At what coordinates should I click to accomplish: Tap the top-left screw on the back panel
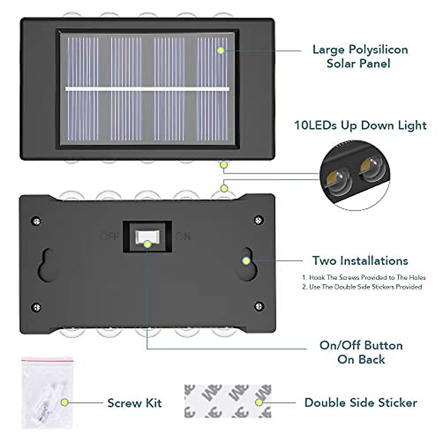tap(36, 221)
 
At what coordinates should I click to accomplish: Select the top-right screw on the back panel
tap(259, 220)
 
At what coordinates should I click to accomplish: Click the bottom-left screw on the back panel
tap(36, 307)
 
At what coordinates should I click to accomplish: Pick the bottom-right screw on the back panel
tap(259, 306)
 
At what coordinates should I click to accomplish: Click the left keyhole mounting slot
tap(47, 265)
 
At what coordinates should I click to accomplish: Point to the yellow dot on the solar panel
tap(221, 50)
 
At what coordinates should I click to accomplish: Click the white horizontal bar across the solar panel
tap(147, 89)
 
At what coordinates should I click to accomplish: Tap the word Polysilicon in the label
tap(378, 50)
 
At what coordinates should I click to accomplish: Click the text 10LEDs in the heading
tap(315, 125)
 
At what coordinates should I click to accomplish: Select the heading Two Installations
tap(360, 261)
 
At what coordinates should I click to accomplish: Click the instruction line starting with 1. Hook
tap(363, 278)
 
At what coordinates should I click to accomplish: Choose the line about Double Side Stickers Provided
tap(362, 287)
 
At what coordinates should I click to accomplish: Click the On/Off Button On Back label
tap(361, 352)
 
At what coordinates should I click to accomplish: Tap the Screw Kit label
tap(135, 403)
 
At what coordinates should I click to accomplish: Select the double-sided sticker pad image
tap(228, 401)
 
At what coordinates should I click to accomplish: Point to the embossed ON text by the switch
tap(183, 236)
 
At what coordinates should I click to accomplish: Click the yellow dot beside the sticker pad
tap(259, 402)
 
